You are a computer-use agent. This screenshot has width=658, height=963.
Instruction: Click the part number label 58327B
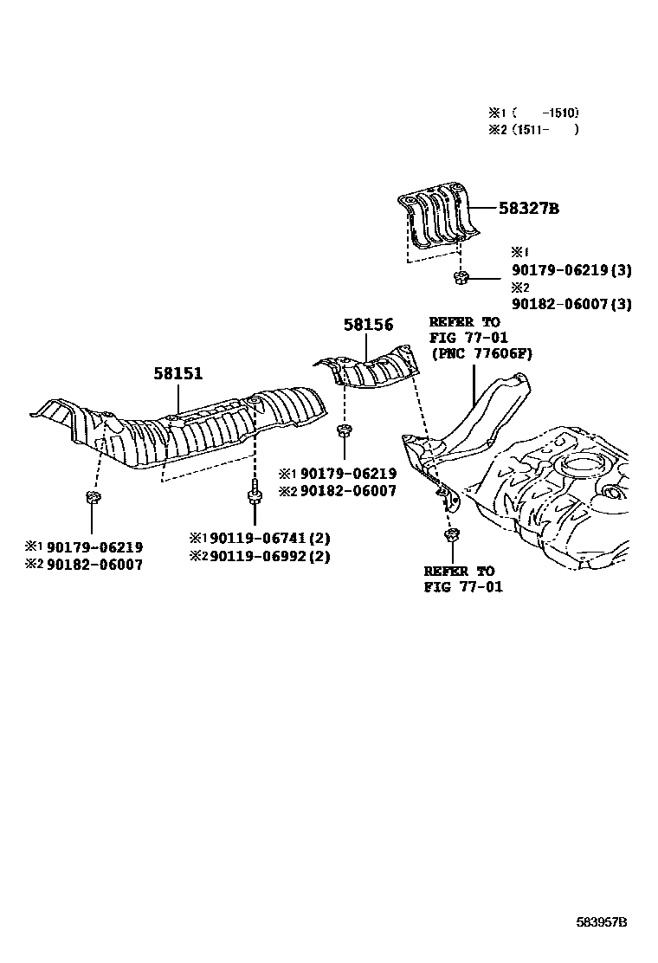528,209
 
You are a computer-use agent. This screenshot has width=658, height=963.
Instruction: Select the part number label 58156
368,325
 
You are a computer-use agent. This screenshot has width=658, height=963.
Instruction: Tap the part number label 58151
178,373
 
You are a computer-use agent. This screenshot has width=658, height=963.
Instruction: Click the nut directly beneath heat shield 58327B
461,277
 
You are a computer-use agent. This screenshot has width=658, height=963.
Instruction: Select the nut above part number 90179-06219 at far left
92,498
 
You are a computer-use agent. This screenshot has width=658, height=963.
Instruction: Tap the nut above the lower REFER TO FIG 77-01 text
450,537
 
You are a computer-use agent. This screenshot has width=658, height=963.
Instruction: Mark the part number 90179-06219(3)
571,270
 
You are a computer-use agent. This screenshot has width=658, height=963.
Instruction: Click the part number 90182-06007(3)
571,304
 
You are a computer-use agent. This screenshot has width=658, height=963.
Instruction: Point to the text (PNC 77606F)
481,353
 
